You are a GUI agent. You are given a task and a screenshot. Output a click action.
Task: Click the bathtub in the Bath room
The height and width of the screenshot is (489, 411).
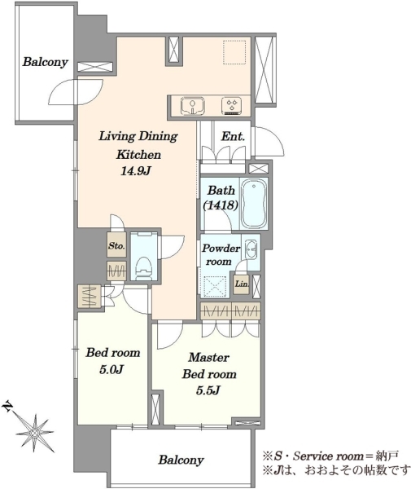click(254, 204)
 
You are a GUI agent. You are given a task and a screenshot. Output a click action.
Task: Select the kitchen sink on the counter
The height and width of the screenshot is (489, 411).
click(193, 105)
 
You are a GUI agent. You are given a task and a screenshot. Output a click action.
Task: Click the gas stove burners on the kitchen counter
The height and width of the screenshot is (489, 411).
click(232, 105)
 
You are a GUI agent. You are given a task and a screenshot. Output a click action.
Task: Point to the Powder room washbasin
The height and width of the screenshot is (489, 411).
click(251, 249)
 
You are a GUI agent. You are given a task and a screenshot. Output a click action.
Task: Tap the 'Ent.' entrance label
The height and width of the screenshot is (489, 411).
click(233, 136)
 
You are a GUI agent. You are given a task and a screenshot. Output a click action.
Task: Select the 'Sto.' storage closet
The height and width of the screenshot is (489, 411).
click(116, 246)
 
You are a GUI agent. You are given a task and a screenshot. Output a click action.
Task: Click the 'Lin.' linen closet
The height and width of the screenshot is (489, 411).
click(242, 284)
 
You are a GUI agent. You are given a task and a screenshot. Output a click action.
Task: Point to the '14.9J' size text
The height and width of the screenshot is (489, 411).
click(136, 171)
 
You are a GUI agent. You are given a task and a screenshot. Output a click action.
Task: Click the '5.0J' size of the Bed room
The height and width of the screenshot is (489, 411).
click(111, 370)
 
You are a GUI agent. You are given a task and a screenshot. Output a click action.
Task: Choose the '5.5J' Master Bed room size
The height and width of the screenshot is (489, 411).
click(208, 390)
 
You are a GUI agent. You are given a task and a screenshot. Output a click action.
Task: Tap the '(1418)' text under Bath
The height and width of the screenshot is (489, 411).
click(221, 205)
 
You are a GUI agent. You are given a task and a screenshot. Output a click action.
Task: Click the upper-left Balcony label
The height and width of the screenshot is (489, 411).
click(45, 62)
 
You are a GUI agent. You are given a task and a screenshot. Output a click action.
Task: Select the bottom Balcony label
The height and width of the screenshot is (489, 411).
click(181, 460)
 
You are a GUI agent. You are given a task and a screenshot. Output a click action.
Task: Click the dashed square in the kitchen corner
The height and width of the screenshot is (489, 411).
click(234, 52)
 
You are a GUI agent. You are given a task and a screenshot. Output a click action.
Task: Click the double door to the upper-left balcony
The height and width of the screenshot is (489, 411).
click(77, 93)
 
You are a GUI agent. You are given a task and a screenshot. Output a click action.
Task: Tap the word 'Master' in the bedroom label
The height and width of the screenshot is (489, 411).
click(208, 358)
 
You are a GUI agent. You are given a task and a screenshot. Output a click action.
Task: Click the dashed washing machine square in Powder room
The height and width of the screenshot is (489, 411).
click(215, 285)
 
